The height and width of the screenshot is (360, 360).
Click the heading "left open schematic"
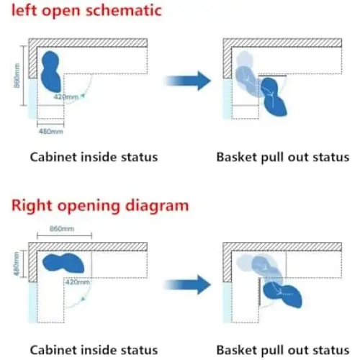[86, 11]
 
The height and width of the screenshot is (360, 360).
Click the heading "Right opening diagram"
[100, 206]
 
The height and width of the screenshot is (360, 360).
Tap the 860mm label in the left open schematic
[17, 76]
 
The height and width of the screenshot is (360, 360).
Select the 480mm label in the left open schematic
[51, 132]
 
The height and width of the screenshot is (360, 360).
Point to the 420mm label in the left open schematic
[66, 97]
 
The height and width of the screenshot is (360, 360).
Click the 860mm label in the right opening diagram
[62, 229]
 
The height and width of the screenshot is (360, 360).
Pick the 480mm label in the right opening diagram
[17, 264]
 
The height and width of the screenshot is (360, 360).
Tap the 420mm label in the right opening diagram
[78, 282]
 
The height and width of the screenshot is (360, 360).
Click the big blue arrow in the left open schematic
[187, 81]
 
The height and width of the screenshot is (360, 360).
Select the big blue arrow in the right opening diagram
[187, 284]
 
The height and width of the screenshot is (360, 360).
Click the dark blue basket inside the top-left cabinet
[51, 72]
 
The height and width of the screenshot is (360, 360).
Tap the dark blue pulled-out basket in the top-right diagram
[274, 97]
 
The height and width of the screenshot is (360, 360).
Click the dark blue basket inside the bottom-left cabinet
[63, 263]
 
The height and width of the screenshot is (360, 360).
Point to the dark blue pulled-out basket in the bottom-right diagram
[282, 295]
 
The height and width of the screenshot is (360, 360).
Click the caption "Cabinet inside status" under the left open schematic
[94, 157]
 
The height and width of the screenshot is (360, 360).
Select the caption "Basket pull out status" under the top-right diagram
[283, 158]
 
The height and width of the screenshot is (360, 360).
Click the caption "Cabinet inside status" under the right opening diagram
[94, 350]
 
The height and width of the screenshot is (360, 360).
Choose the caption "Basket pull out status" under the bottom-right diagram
[283, 350]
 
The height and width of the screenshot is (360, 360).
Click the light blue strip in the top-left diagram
[32, 99]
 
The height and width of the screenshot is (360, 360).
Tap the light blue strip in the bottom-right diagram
[227, 302]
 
